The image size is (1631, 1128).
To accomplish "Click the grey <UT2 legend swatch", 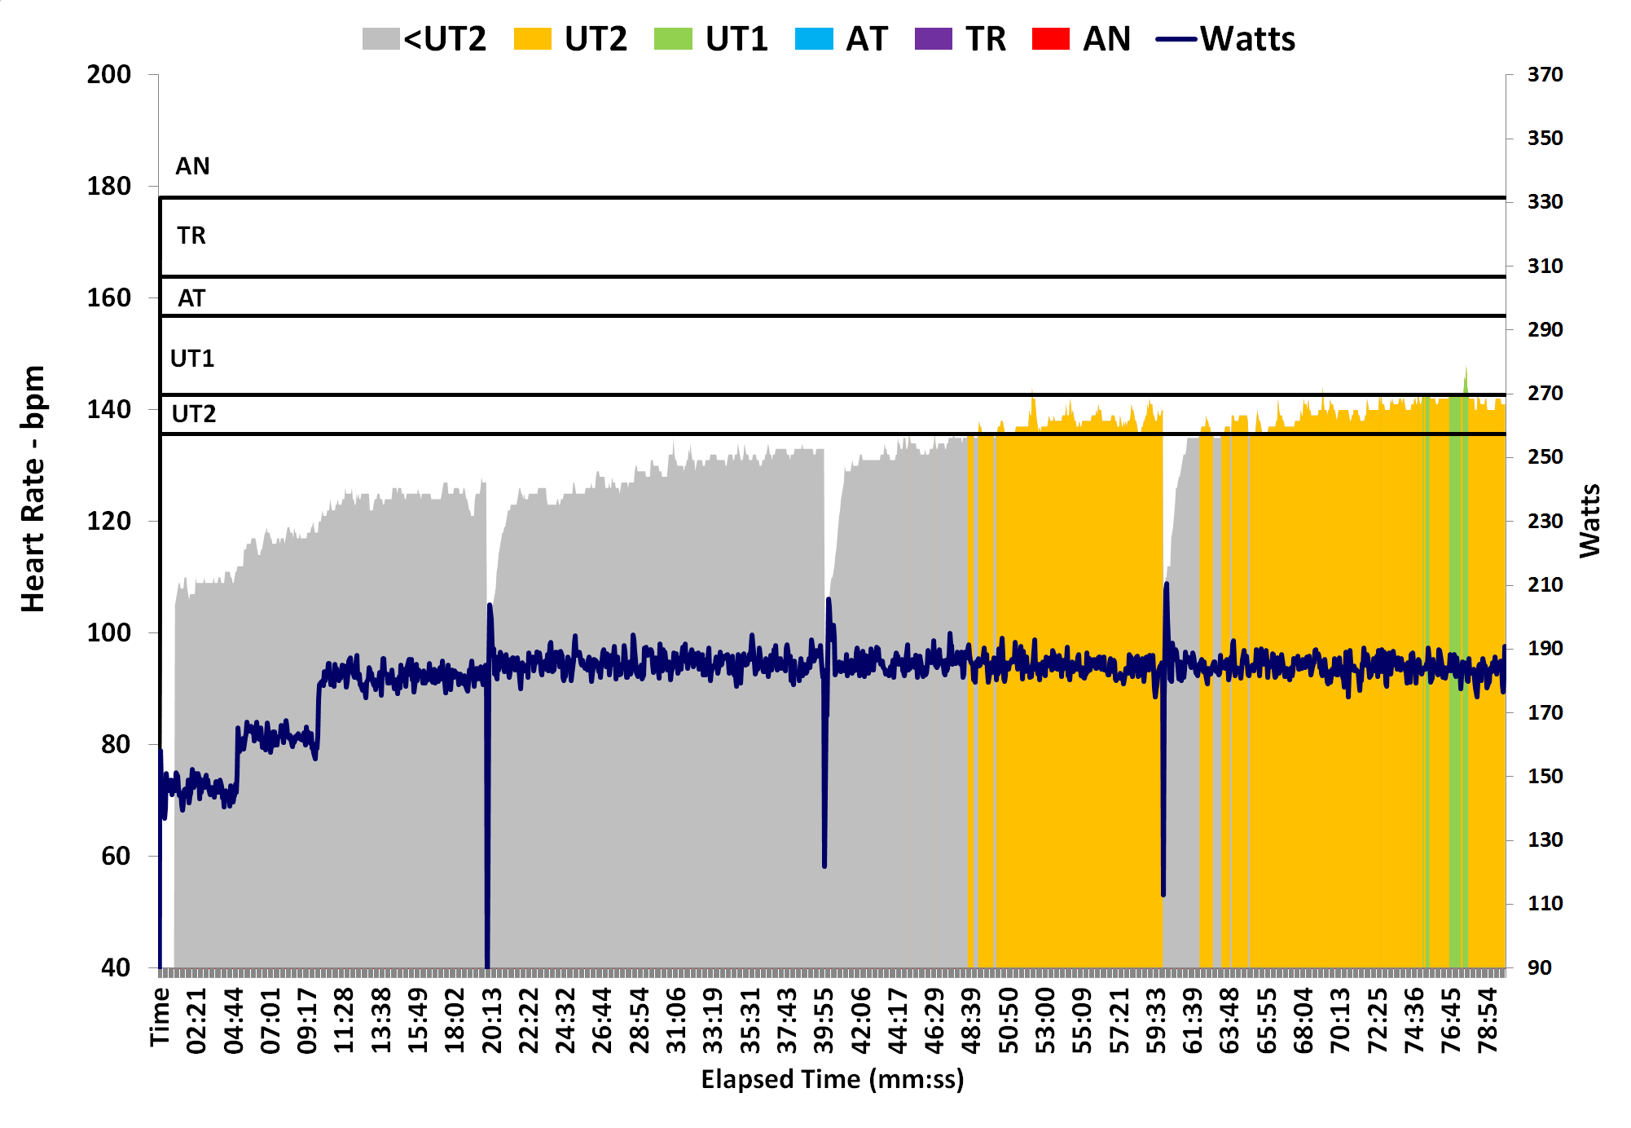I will point(380,39).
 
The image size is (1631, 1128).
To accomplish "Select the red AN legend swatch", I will point(1050,39).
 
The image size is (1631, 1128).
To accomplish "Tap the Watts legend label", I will point(1247,39).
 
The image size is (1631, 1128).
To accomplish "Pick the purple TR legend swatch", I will point(934,39).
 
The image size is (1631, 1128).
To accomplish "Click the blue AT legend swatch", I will point(814,39).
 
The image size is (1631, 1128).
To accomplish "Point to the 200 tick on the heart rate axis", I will point(109,75).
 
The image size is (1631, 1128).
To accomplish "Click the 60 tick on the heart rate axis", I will point(116,856).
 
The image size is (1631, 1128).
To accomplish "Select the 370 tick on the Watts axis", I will point(1545,75).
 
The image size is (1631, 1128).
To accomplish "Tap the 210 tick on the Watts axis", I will point(1545,584).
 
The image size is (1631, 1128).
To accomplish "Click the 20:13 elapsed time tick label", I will point(492,1020).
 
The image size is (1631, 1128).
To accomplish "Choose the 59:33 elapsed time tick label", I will point(1157,1020).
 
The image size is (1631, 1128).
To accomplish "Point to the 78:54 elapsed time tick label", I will point(1488,1020).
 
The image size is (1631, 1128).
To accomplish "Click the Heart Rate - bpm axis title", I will point(33,489).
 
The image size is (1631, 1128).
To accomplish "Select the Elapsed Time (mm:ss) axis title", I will point(832,1079).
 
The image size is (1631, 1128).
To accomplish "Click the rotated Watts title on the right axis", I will point(1589,521).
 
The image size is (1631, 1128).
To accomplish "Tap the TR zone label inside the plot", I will point(191,236).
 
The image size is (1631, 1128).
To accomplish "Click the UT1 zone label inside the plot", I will point(192,359).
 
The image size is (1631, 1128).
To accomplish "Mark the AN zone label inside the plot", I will point(192,166).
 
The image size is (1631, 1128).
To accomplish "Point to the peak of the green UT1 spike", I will point(1466,368).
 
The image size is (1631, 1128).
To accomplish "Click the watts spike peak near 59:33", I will point(1167,584).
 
